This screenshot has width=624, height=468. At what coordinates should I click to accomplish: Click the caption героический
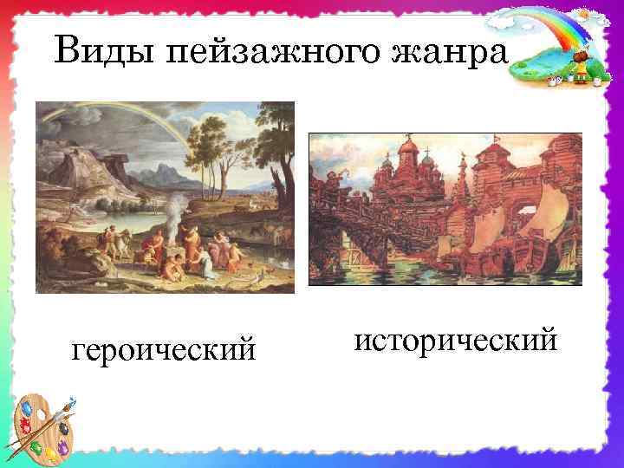tap(165, 349)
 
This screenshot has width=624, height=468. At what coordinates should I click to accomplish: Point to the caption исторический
tap(455, 340)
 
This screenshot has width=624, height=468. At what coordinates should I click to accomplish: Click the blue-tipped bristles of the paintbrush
tap(71, 403)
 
